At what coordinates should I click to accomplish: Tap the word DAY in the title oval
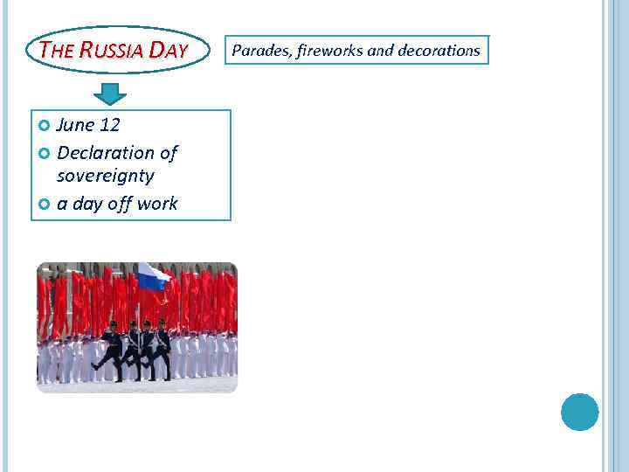point(168,50)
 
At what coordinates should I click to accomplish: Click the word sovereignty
point(105,176)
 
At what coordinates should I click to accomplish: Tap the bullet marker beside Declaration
point(45,154)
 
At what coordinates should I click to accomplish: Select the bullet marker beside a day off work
point(45,205)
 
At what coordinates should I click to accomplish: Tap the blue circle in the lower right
point(579,412)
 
